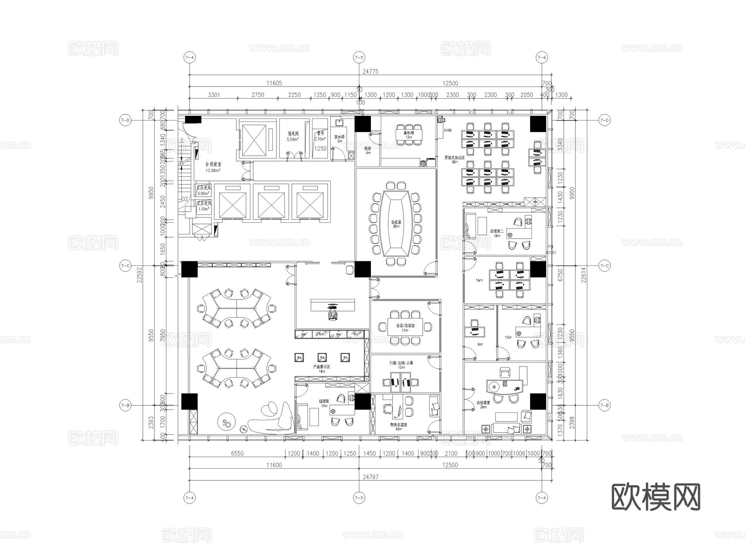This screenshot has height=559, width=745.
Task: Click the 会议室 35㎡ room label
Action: pyautogui.click(x=396, y=224)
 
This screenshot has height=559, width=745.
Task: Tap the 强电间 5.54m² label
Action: pyautogui.click(x=293, y=137)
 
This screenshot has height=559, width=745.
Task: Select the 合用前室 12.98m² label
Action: pyautogui.click(x=213, y=167)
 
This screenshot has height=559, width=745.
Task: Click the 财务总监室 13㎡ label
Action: pyautogui.click(x=399, y=426)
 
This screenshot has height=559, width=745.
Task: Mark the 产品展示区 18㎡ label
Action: pyautogui.click(x=322, y=369)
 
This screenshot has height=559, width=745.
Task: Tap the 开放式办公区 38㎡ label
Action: pyautogui.click(x=454, y=159)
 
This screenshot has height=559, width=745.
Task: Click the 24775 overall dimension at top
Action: pyautogui.click(x=370, y=71)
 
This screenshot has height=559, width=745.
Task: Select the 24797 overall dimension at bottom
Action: pyautogui.click(x=370, y=477)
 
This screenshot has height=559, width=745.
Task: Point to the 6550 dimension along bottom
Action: pyautogui.click(x=237, y=453)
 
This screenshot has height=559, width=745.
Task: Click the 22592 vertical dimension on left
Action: pyautogui.click(x=139, y=275)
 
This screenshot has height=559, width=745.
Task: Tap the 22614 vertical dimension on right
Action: pyautogui.click(x=584, y=275)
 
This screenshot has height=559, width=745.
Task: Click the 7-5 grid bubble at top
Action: pyautogui.click(x=359, y=58)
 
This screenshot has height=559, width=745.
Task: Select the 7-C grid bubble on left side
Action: pyautogui.click(x=125, y=266)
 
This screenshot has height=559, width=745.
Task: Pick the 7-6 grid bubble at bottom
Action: pyautogui.click(x=541, y=497)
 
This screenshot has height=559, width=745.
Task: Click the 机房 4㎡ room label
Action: pyautogui.click(x=368, y=150)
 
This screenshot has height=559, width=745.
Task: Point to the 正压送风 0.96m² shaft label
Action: pyautogui.click(x=204, y=190)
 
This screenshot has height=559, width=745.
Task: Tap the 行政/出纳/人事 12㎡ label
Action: pyautogui.click(x=401, y=365)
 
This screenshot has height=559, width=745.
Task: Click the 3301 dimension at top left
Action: pyautogui.click(x=214, y=95)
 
